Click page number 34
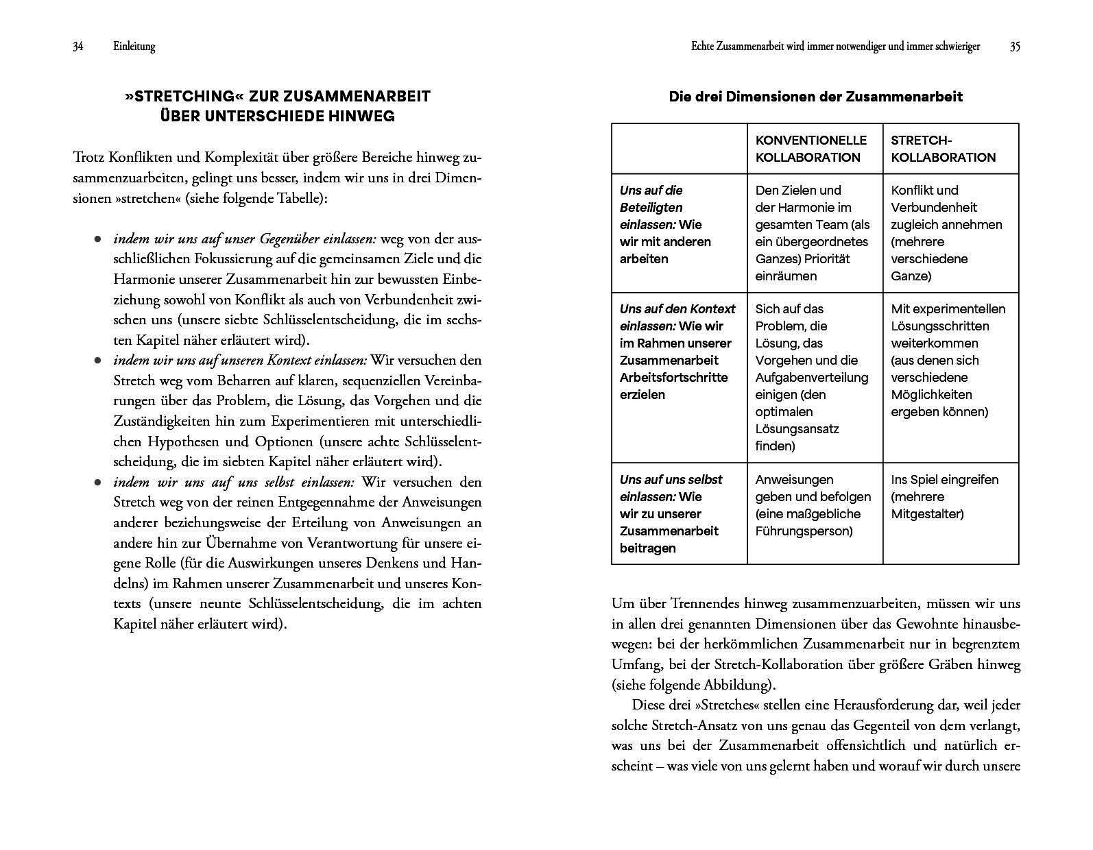tap(78, 47)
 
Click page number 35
tap(1015, 47)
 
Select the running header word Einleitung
tap(134, 47)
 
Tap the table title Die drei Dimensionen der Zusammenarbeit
tap(815, 97)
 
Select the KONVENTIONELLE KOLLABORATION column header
tap(810, 149)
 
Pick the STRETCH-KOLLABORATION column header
tap(943, 149)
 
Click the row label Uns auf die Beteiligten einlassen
tap(665, 224)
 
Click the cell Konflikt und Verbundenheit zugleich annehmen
tap(946, 233)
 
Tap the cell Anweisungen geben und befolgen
tap(813, 505)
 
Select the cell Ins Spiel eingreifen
tap(944, 496)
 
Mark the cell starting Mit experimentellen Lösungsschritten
tap(948, 360)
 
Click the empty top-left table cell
tap(679, 149)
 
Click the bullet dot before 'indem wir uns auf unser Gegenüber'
tap(98, 239)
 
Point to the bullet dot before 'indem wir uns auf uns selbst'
tap(98, 483)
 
